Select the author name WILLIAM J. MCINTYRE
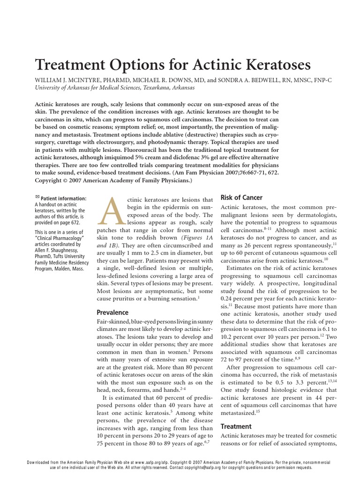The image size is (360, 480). pos(68,80)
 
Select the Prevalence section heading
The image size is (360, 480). pos(112,312)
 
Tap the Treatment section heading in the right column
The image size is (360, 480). pos(236,427)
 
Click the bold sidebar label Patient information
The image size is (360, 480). pos(63,198)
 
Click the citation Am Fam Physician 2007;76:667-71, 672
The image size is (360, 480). pos(229,173)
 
